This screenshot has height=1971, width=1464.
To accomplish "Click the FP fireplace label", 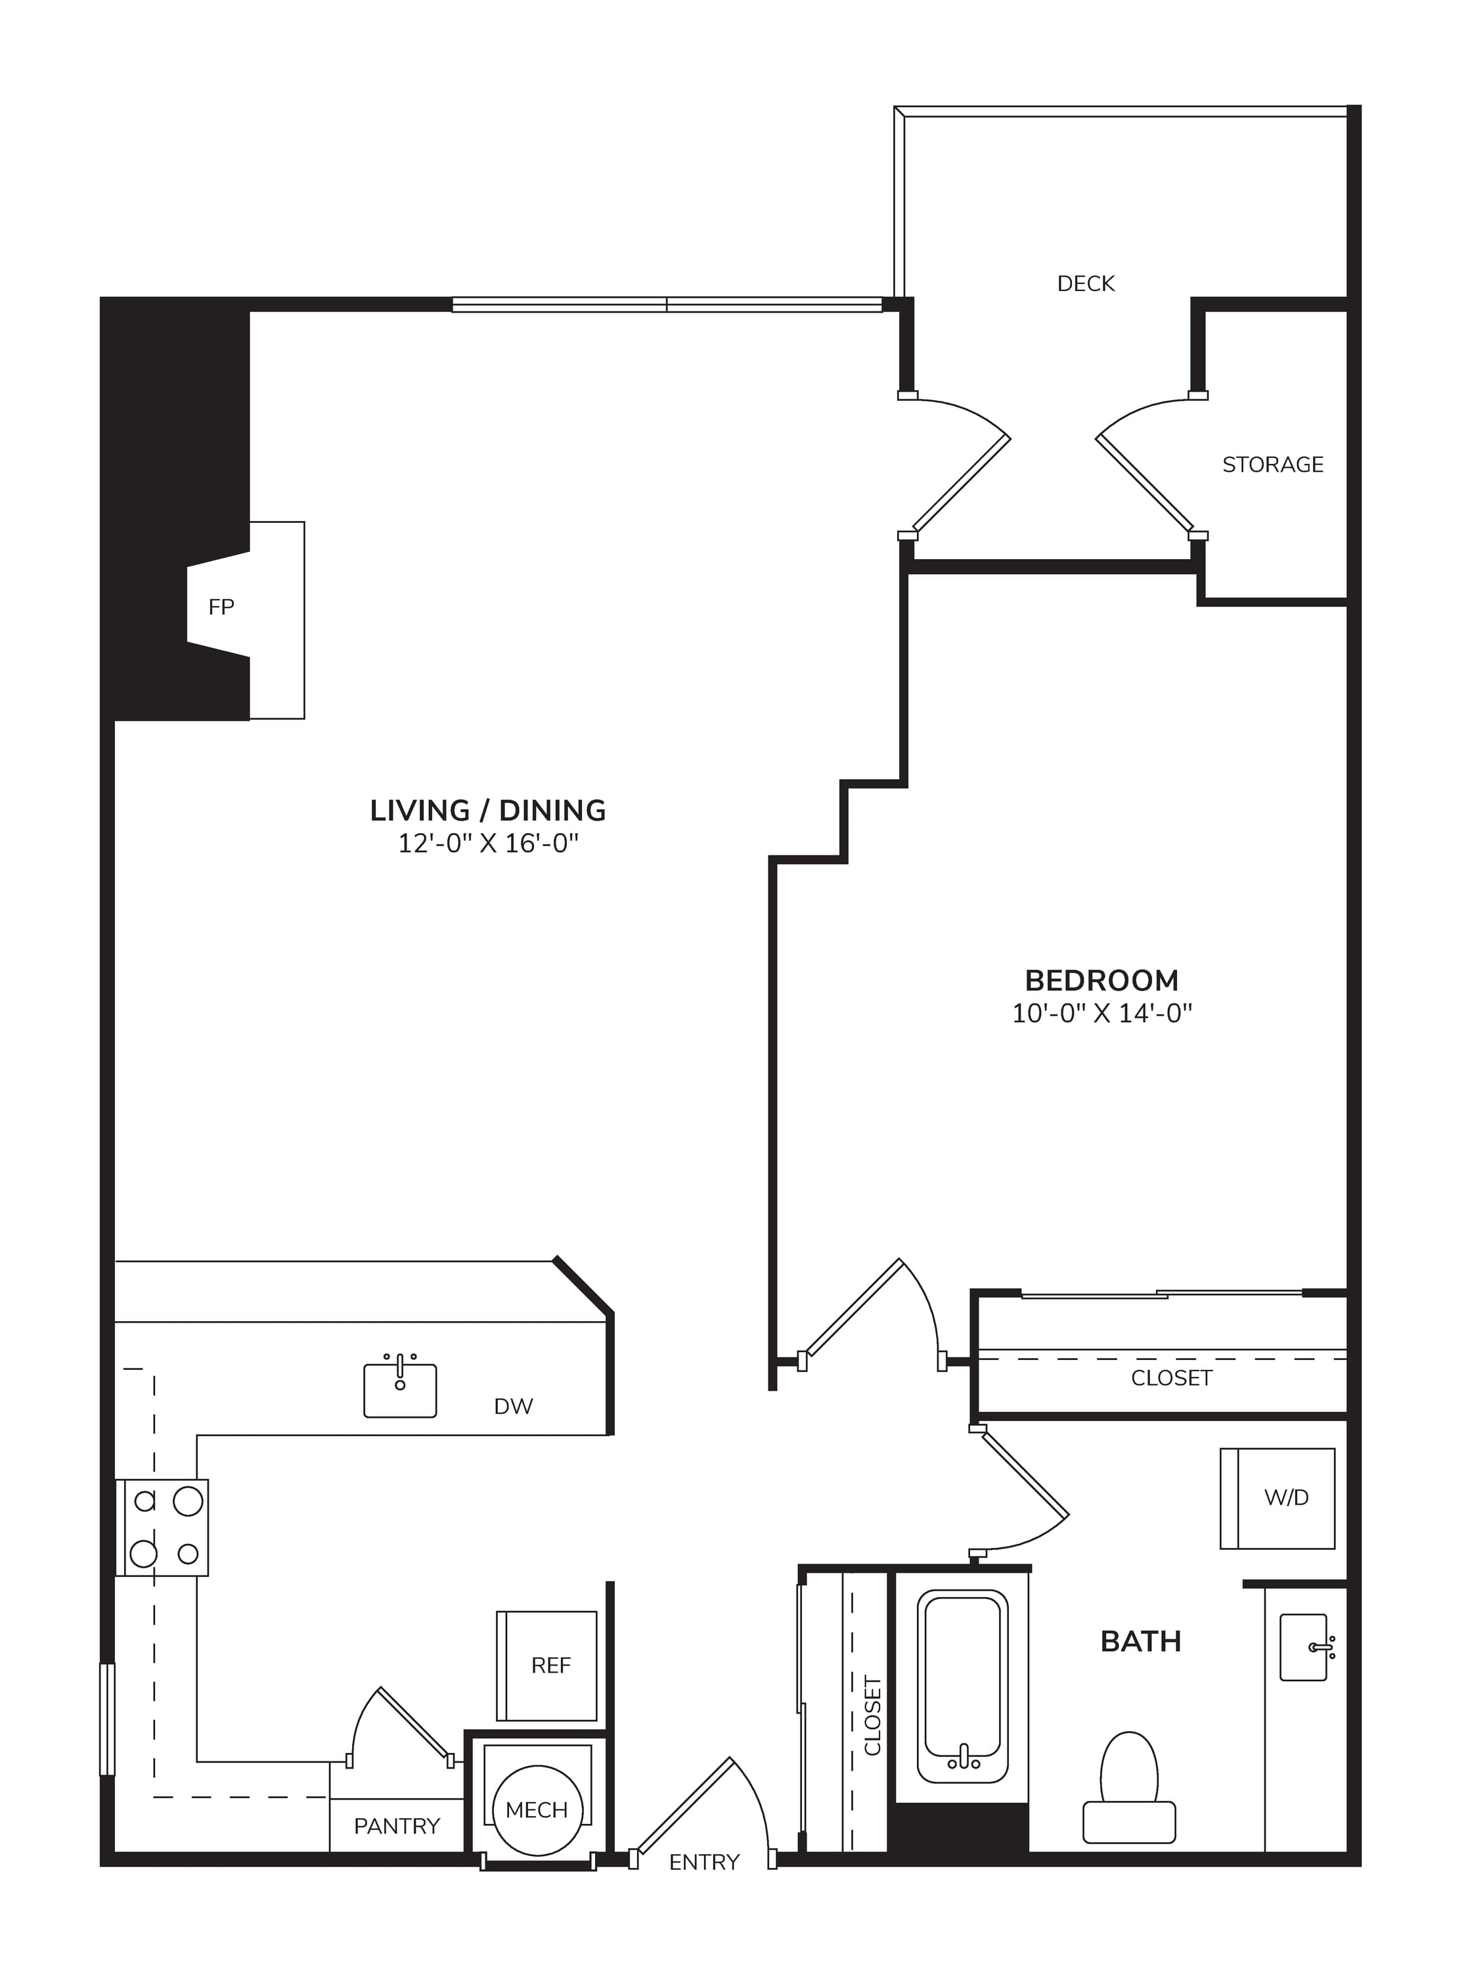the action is coord(221,607).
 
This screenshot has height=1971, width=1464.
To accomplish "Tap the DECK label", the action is coord(1086,284).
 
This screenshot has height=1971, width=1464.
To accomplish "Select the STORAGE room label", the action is coord(1273,464).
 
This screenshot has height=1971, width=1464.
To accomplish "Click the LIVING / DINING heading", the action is coord(487,810).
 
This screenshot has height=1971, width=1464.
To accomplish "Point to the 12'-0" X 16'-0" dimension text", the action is coord(487,843).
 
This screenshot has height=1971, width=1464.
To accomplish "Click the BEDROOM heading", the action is coord(1101,980).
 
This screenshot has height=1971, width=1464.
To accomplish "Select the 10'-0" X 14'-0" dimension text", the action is coord(1101,1013).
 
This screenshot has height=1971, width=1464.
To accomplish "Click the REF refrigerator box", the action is coord(547,1666).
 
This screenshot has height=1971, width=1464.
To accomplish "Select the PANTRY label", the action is coord(396,1826).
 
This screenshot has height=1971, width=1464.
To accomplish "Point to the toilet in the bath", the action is coord(1129,1786).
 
